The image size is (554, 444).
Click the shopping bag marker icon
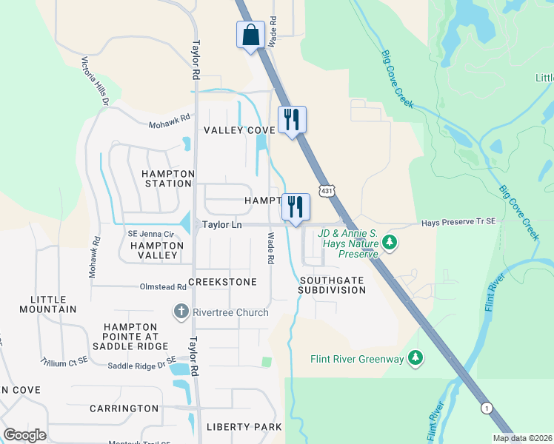click(250, 35)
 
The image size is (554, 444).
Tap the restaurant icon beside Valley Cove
click(291, 119)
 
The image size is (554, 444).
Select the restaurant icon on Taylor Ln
click(296, 206)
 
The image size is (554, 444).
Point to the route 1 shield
click(487, 408)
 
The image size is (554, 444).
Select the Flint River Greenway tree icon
click(416, 359)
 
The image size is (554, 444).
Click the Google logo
click(24, 434)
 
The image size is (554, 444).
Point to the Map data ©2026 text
click(521, 438)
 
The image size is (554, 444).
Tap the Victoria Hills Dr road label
click(96, 81)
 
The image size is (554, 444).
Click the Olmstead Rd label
click(161, 287)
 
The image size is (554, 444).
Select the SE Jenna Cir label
click(150, 234)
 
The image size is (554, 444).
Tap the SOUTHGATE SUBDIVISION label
click(332, 285)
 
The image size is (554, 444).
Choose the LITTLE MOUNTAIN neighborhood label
click(53, 304)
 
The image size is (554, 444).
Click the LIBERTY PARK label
click(244, 427)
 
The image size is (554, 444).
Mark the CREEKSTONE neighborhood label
click(222, 282)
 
